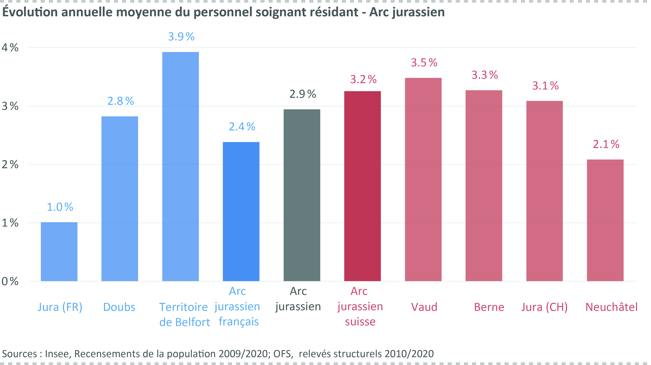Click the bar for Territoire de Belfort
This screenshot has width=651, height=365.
(x=180, y=166)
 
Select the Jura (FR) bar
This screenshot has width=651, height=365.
(x=59, y=252)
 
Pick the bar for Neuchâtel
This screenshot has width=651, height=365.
(x=605, y=220)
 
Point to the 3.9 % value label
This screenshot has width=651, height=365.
(x=181, y=37)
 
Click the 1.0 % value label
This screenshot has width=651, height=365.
(x=60, y=207)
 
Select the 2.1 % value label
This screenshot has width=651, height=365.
(x=606, y=144)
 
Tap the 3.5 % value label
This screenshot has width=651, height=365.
(x=424, y=63)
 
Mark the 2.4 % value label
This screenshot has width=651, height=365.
(x=242, y=127)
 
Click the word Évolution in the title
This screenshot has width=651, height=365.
(x=30, y=12)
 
